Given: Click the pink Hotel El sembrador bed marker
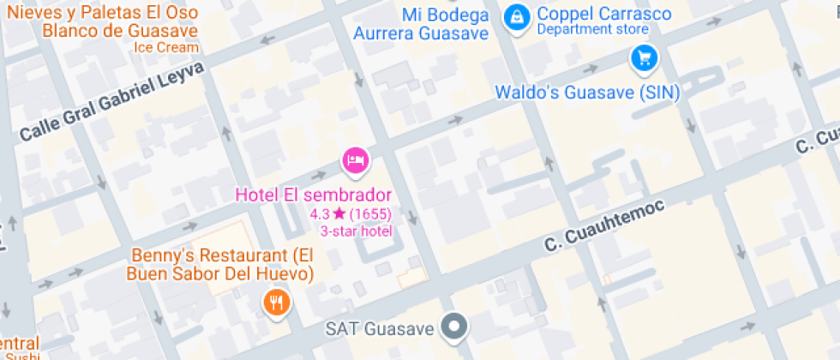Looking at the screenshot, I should coord(356,159).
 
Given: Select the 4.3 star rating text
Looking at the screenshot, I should coord(320,213).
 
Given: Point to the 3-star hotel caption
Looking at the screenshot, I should coord(356,231).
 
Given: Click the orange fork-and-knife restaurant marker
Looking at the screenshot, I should coord(276,303).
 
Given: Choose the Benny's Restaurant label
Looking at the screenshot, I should coord(219,264).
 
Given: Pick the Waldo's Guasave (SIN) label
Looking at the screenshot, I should coord(587,93).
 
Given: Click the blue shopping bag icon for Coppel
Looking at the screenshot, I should coord(516,15).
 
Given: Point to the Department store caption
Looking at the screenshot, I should coord(592,30).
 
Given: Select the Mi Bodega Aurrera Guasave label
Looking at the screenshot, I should coord(421,24).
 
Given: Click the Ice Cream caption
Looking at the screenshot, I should coord(166,48).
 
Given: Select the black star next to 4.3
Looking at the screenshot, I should coord(339,213).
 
